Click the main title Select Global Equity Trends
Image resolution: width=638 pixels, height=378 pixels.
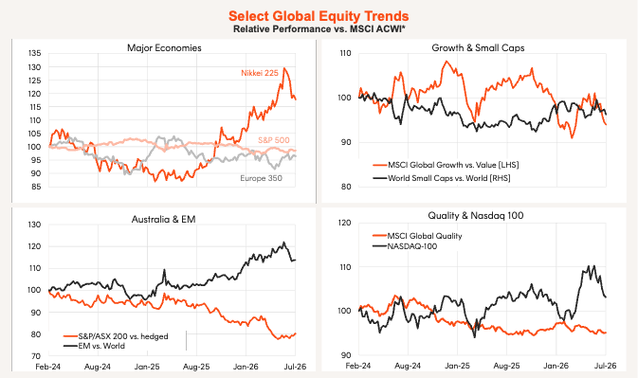pyautogui.click(x=319, y=16)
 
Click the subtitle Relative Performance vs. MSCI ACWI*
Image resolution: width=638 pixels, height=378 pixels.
pyautogui.click(x=319, y=28)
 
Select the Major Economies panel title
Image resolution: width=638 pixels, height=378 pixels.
pyautogui.click(x=164, y=48)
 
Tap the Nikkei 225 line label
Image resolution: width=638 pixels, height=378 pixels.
pyautogui.click(x=260, y=73)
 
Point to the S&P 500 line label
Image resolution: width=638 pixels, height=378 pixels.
pyautogui.click(x=274, y=140)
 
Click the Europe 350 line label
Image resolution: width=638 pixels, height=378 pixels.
pyautogui.click(x=261, y=178)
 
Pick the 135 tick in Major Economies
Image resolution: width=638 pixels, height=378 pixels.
pyautogui.click(x=34, y=53)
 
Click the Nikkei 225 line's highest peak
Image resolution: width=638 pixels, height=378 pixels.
pyautogui.click(x=284, y=68)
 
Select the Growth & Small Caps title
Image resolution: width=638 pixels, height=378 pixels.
pyautogui.click(x=478, y=48)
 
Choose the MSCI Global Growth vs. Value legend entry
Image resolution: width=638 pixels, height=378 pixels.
pyautogui.click(x=446, y=165)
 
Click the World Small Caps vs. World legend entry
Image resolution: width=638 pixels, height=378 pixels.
pyautogui.click(x=442, y=178)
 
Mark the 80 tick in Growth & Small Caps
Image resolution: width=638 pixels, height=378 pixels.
pyautogui.click(x=345, y=187)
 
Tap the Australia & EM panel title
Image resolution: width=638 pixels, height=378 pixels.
pyautogui.click(x=164, y=220)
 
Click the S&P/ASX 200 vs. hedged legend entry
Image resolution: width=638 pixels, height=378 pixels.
pyautogui.click(x=116, y=336)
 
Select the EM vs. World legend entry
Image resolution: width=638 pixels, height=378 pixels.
pyautogui.click(x=94, y=346)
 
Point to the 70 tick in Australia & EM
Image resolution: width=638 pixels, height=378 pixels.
pyautogui.click(x=35, y=356)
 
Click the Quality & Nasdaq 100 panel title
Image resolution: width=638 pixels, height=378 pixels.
pyautogui.click(x=476, y=215)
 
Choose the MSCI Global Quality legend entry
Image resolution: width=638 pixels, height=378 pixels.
pyautogui.click(x=417, y=236)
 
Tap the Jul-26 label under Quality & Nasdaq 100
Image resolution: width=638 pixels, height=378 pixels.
pyautogui.click(x=606, y=366)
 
